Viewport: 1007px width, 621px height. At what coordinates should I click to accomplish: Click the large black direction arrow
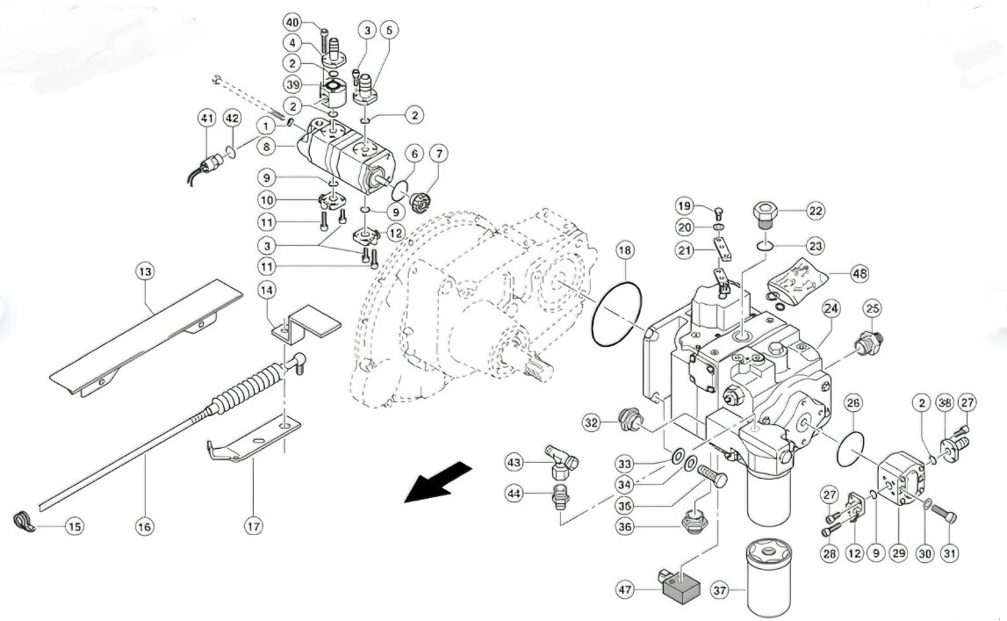point(438,482)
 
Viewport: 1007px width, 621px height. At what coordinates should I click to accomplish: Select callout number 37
point(721,589)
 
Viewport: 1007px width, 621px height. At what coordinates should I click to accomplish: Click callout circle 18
point(626,249)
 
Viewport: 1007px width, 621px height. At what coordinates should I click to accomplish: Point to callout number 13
point(145,271)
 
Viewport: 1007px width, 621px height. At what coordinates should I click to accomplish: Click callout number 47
point(625,589)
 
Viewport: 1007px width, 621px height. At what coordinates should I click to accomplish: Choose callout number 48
point(860,273)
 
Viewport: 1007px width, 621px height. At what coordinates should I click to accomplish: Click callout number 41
point(206,119)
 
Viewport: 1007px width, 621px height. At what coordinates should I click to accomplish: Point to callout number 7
point(439,154)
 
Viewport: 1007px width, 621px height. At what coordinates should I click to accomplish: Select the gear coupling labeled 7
point(422,202)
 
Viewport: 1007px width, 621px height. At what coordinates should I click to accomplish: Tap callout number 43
point(514,462)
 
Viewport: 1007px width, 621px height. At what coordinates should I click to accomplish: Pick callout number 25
point(872,309)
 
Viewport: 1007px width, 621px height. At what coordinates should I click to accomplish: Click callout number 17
point(254,527)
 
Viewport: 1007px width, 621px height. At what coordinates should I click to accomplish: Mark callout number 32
point(592,422)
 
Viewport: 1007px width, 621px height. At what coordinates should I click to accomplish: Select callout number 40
point(292,23)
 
